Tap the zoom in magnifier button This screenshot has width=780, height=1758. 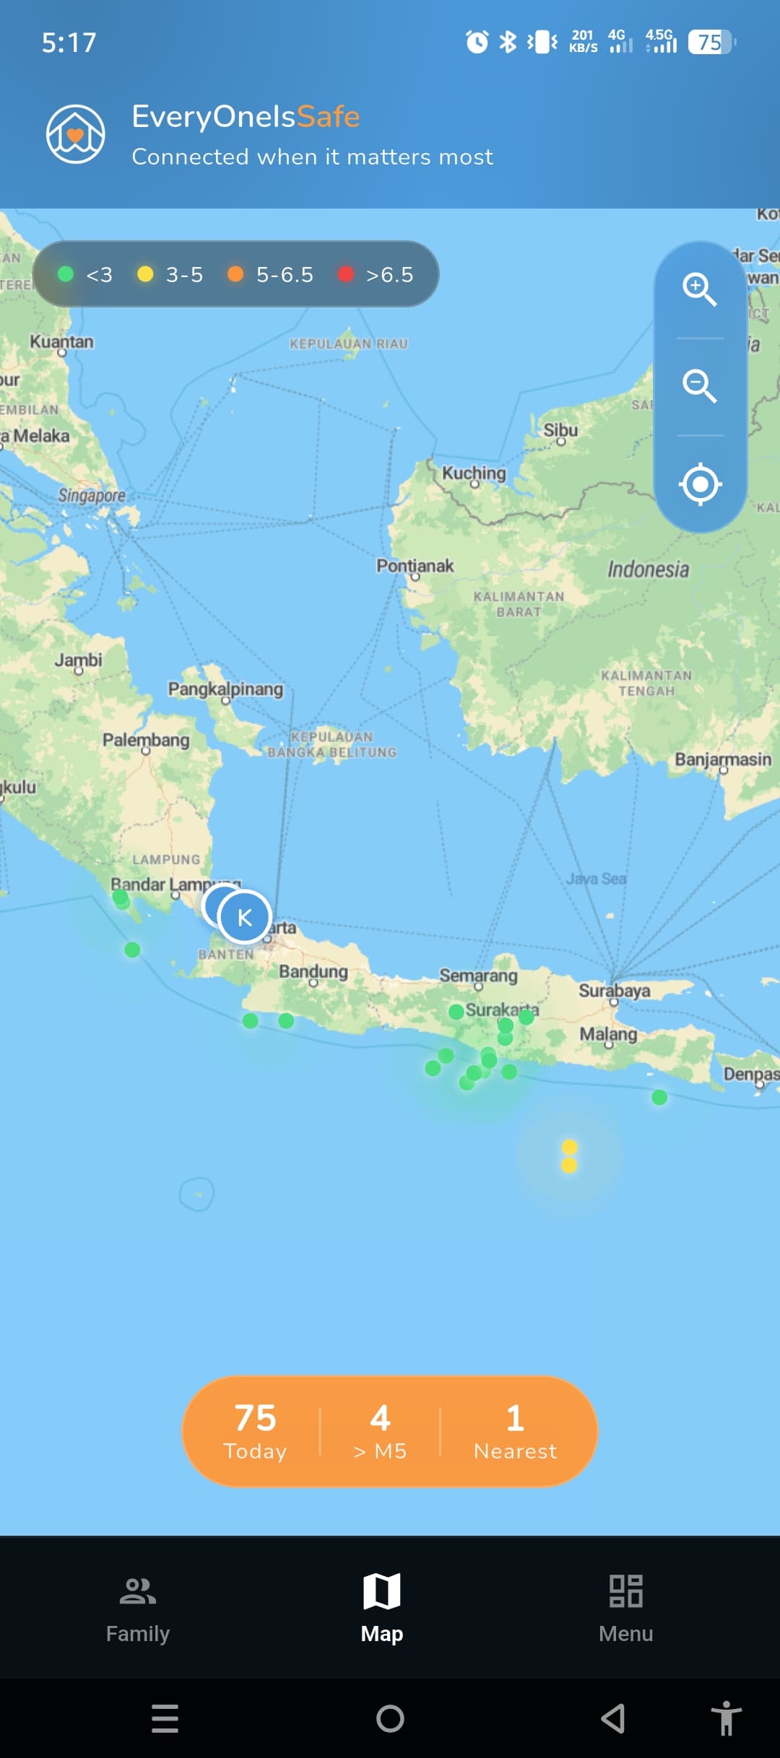click(699, 289)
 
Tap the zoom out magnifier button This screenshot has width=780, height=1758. click(699, 386)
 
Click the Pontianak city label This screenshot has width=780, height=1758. click(415, 566)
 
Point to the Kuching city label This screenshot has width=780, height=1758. click(474, 473)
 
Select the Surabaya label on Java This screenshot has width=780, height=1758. click(614, 990)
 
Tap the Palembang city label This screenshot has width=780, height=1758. click(146, 740)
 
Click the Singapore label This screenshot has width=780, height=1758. click(92, 495)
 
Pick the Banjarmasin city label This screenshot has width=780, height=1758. click(723, 759)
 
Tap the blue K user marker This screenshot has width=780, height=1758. click(244, 917)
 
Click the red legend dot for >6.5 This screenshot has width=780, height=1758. click(346, 274)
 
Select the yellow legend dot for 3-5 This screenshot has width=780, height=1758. click(145, 274)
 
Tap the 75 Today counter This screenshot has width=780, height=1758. click(255, 1430)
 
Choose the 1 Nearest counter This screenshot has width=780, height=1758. click(515, 1430)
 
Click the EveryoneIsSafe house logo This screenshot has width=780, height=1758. click(76, 134)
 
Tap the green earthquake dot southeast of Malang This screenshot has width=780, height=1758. click(659, 1098)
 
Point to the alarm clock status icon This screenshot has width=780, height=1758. click(477, 42)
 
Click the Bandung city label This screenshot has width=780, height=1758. click(313, 971)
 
